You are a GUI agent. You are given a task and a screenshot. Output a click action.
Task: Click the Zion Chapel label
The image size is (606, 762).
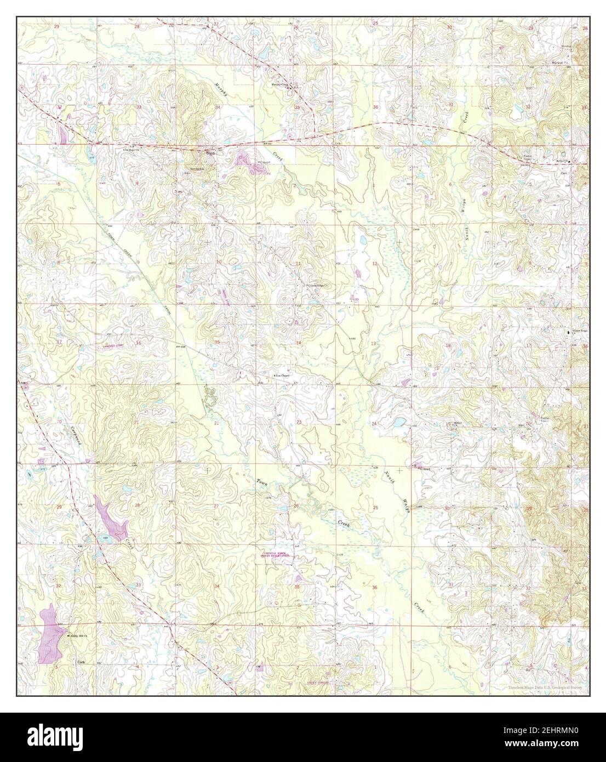(285, 376)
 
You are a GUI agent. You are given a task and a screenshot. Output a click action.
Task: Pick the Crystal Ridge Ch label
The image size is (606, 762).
(317, 286)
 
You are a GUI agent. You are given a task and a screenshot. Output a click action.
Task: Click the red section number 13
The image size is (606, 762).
(373, 343)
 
